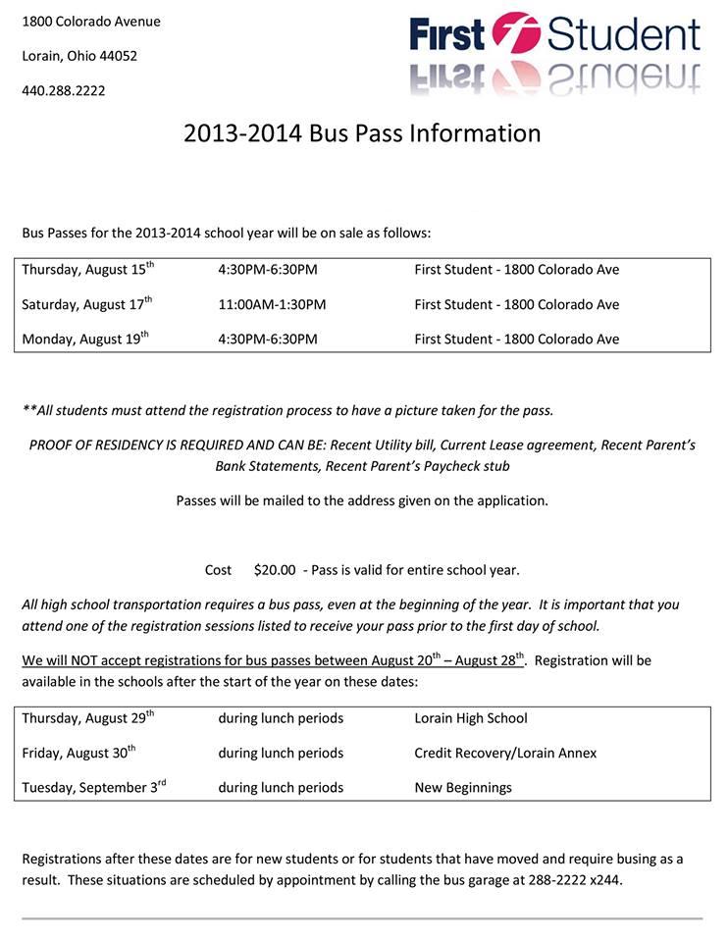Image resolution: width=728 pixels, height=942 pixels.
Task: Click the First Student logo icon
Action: [516, 35]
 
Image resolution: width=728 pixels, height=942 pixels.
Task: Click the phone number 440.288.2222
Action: [64, 91]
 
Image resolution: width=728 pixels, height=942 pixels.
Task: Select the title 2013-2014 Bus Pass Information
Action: [362, 133]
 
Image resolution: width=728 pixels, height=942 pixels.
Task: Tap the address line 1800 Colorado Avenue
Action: [91, 22]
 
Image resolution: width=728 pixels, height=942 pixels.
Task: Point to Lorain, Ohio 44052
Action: [79, 56]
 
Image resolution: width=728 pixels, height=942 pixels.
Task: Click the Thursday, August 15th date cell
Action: [88, 270]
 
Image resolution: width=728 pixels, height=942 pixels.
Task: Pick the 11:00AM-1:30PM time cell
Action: [272, 305]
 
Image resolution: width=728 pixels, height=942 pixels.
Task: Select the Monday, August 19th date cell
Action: [85, 340]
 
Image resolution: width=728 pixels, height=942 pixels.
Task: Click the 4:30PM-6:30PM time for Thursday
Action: [268, 270]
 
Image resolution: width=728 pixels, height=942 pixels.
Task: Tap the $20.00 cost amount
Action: [275, 570]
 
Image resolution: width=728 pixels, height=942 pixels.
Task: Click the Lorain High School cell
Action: [471, 718]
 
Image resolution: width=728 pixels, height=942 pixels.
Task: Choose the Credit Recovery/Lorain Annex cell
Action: [505, 754]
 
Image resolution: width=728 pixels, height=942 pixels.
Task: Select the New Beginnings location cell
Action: [463, 788]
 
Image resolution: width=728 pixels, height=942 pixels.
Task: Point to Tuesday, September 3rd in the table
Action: [94, 788]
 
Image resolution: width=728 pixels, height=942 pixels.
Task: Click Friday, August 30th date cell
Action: [78, 754]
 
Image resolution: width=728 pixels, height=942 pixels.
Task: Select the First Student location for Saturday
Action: [517, 305]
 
